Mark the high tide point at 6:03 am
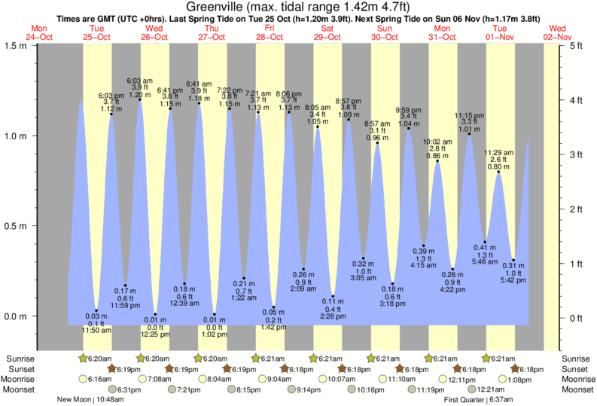pyautogui.click(x=140, y=99)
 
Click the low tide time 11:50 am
pyautogui.click(x=96, y=330)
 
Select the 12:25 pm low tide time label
pyautogui.click(x=155, y=334)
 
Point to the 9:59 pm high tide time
pyautogui.click(x=409, y=110)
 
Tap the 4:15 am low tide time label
pyautogui.click(x=425, y=265)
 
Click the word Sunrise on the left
pyautogui.click(x=20, y=358)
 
